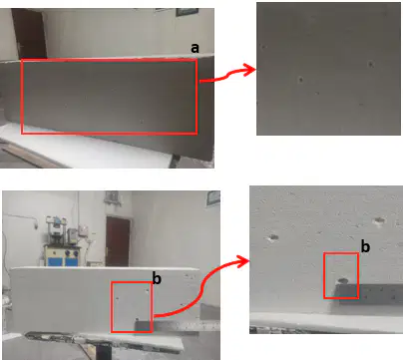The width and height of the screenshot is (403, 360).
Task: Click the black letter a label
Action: coord(195,49)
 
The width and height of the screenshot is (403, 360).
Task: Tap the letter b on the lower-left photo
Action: coord(157,278)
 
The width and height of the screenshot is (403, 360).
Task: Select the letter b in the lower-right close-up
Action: coord(365,246)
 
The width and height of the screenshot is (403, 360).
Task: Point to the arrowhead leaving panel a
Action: coord(250,70)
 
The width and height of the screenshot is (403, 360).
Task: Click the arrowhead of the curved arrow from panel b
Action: coord(244,261)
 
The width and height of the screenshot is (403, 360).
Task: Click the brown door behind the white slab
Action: coord(118,241)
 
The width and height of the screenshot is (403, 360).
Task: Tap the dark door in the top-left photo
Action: coord(29,33)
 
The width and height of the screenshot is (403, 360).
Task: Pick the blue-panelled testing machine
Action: coord(62,241)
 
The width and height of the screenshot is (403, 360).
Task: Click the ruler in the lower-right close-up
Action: coord(369,294)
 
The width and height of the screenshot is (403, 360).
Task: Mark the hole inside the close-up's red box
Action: coord(343,281)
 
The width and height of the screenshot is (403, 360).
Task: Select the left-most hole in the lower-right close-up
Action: coord(273,237)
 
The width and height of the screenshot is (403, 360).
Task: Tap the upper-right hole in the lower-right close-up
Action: coord(379,220)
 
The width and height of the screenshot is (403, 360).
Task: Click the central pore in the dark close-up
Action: coord(300,80)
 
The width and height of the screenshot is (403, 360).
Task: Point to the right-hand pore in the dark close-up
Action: coord(371,64)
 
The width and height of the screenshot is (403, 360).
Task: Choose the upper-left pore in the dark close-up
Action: coord(264,47)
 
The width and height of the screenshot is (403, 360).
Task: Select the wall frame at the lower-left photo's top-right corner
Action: coord(213,198)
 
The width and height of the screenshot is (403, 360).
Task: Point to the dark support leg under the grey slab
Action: coord(176,162)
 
